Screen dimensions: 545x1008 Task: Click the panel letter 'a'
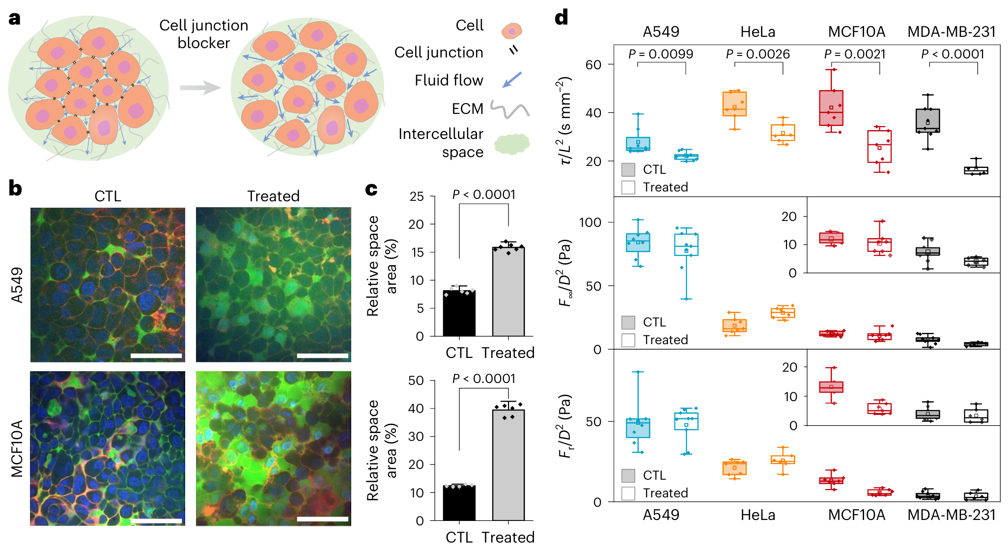[15, 19]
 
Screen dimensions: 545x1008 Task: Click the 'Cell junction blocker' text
[203, 34]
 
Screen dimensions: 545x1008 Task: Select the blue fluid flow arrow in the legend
[512, 80]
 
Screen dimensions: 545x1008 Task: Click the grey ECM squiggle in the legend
[510, 109]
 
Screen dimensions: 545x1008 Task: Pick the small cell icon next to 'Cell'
[511, 31]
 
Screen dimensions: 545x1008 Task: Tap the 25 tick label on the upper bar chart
[417, 196]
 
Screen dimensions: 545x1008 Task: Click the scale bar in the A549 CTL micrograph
[156, 355]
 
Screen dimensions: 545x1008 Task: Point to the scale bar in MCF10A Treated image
[322, 519]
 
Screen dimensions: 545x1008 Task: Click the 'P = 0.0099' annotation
[661, 54]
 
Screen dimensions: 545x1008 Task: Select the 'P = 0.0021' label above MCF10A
[855, 54]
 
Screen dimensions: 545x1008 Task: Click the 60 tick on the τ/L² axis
[593, 65]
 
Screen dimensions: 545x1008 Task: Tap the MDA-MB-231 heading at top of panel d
[952, 32]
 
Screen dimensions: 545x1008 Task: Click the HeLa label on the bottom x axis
[758, 515]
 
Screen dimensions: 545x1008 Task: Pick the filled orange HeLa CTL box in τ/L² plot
[734, 104]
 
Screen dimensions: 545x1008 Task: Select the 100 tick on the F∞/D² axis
[590, 222]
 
